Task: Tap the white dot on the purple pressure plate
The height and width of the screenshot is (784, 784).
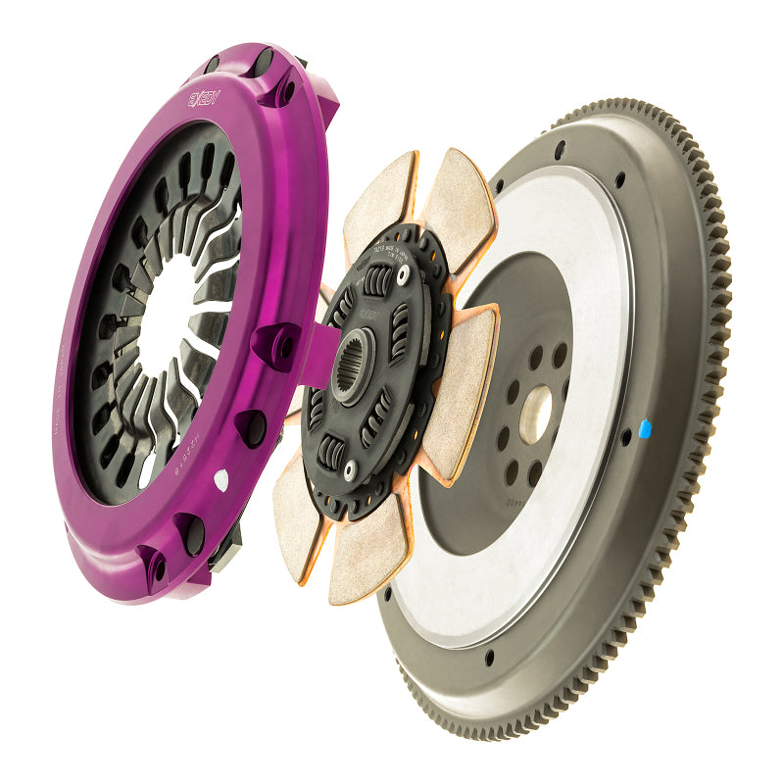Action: (220, 479)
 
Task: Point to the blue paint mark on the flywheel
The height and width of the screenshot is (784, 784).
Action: (644, 427)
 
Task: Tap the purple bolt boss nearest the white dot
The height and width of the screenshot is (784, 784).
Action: (250, 426)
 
